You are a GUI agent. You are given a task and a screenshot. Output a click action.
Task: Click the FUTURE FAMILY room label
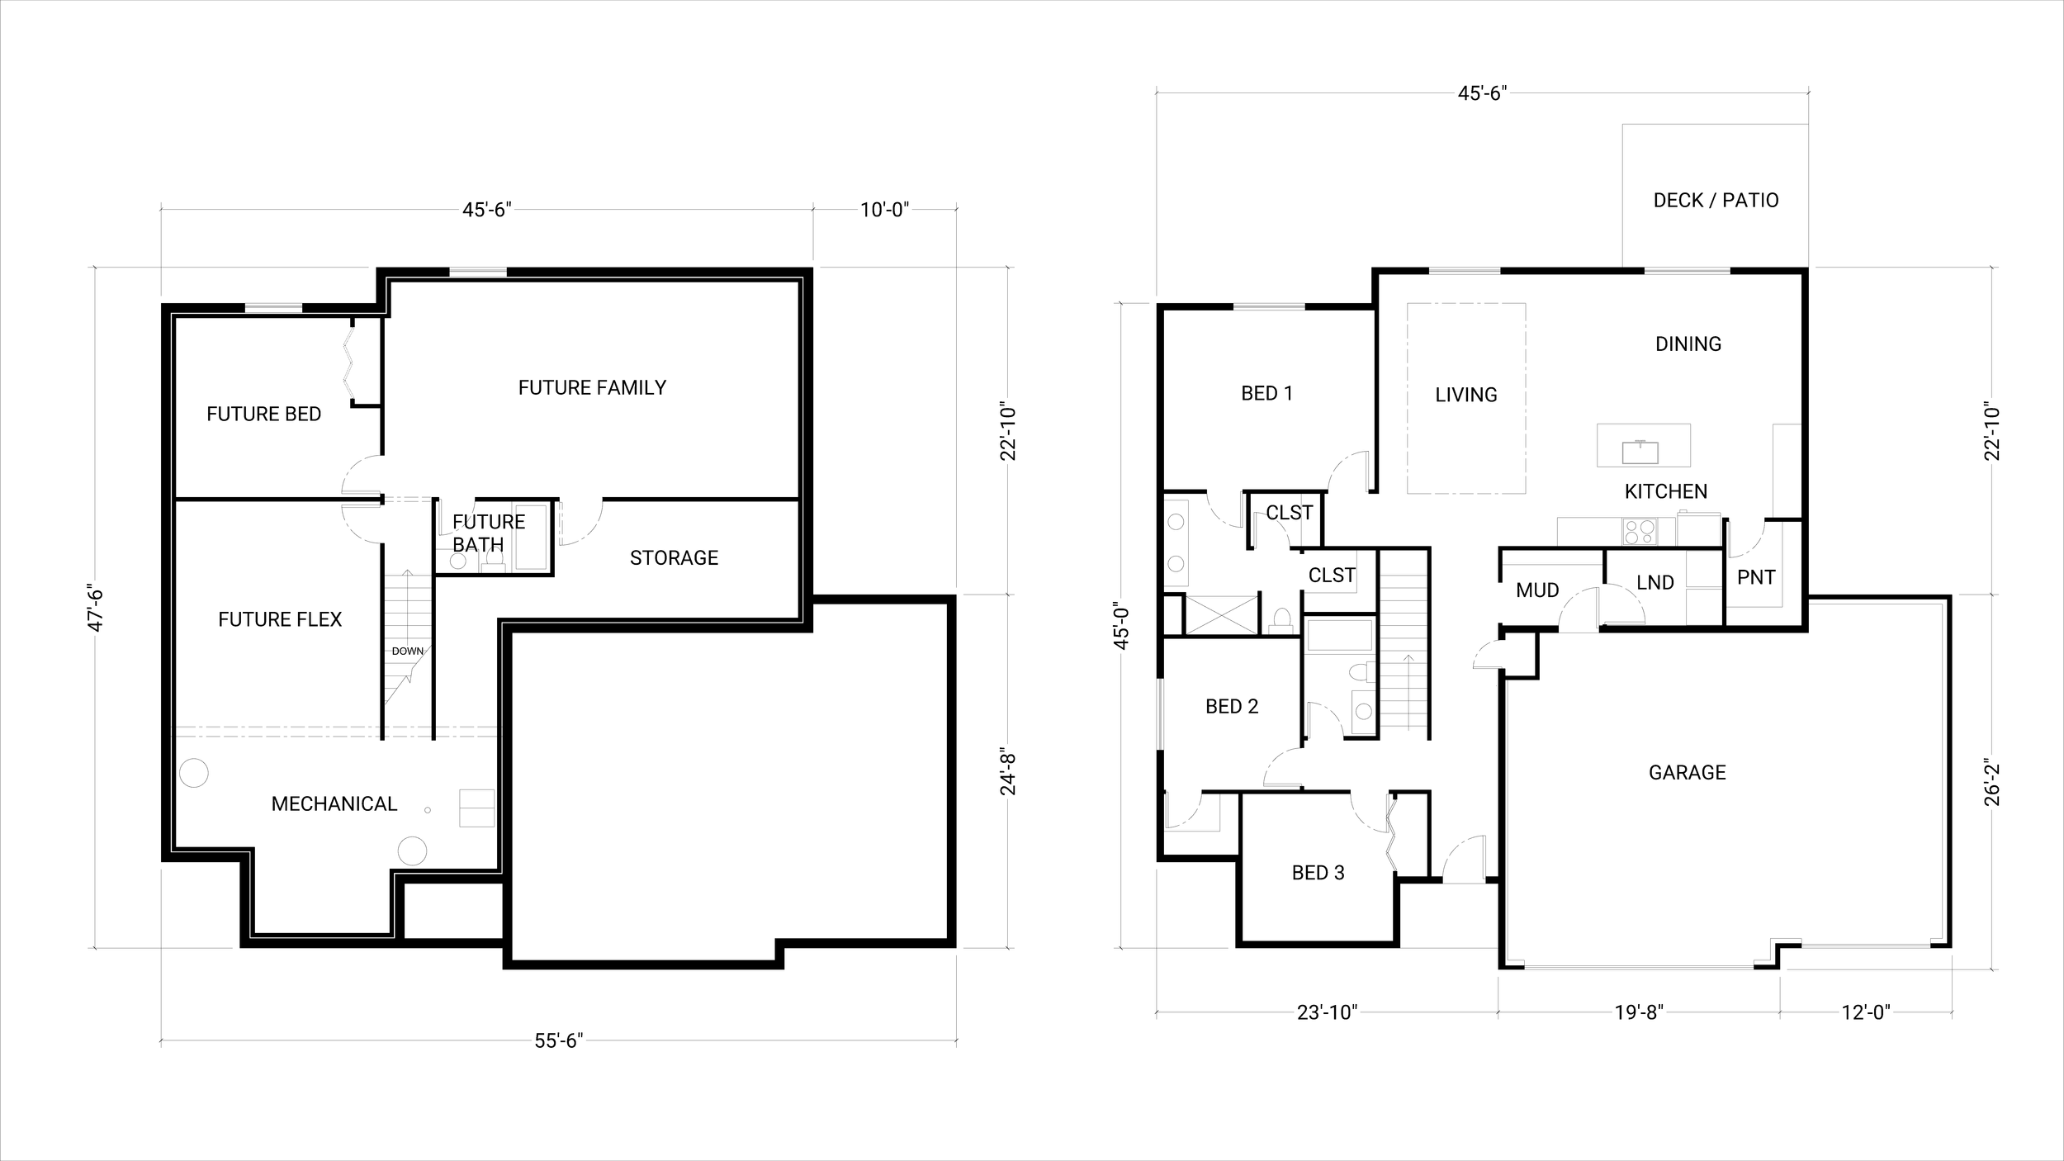tap(592, 387)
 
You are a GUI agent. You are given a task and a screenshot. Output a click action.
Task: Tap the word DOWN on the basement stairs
tap(407, 651)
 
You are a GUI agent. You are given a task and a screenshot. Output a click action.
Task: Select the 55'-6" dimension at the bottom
tap(559, 1041)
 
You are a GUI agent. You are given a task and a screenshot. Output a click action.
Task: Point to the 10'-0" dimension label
tap(884, 210)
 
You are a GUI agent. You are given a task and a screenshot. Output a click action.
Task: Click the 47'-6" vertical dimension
tap(96, 609)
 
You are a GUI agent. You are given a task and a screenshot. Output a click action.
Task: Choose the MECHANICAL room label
tap(334, 803)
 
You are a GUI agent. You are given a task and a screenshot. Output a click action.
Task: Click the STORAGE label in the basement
tap(674, 558)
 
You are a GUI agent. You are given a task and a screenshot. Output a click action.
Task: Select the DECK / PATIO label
tap(1716, 201)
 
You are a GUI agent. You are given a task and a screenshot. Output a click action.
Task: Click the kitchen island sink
tap(1640, 453)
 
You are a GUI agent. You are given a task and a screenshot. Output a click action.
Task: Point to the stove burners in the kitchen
tap(1639, 531)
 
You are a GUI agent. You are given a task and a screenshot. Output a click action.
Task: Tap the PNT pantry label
tap(1756, 577)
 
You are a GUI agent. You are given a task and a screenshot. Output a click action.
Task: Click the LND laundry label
tap(1655, 583)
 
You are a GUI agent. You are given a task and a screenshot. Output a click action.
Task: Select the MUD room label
tap(1537, 590)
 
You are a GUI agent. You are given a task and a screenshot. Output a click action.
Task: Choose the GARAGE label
tap(1687, 773)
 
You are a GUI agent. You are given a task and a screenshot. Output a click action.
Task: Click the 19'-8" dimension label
tap(1639, 1012)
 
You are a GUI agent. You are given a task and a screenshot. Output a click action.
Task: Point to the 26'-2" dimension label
tap(1993, 782)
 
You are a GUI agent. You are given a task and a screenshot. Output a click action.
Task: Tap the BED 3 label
tap(1318, 873)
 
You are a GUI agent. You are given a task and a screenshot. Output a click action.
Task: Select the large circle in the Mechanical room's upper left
tap(194, 773)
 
